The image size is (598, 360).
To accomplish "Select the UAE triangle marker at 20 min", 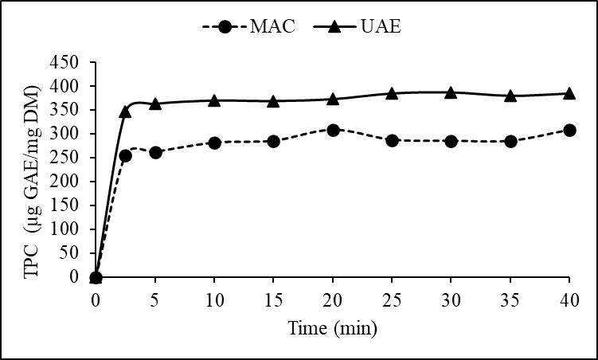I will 333,99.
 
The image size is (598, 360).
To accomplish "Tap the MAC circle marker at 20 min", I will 333,130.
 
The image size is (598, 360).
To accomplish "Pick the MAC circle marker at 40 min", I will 569,130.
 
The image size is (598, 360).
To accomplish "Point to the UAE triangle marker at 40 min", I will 569,93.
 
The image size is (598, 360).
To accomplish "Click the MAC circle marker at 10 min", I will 214,143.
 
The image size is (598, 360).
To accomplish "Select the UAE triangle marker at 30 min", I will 451,92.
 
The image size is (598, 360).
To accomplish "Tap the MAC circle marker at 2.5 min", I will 125,156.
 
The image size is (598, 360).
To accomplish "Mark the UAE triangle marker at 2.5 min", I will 125,112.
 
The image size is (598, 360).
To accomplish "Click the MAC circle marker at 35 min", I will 510,141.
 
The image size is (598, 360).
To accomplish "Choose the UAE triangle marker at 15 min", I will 273,101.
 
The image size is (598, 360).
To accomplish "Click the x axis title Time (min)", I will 332,327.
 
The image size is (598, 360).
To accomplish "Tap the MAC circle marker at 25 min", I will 392,140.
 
